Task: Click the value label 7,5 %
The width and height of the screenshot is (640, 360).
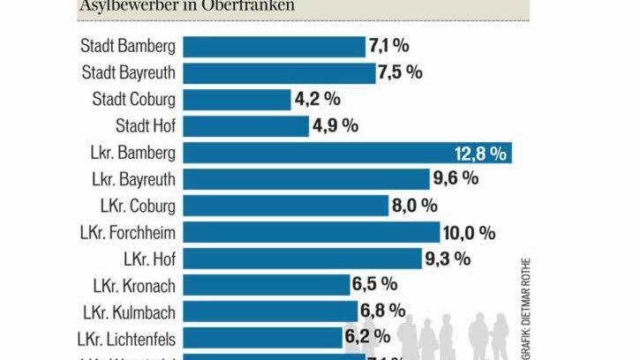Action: pos(400,73)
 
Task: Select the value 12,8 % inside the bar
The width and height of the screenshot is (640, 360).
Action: pos(480,154)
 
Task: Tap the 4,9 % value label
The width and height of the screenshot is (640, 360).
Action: pos(335,126)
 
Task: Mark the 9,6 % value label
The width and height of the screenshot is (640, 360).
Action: pos(456,179)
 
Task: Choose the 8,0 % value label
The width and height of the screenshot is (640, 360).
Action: pos(415,206)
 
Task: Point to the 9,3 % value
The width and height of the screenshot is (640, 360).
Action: pos(448,259)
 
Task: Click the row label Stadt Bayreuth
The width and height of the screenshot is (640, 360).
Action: pos(128,73)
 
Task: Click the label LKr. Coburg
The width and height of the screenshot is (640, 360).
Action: pos(138,206)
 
